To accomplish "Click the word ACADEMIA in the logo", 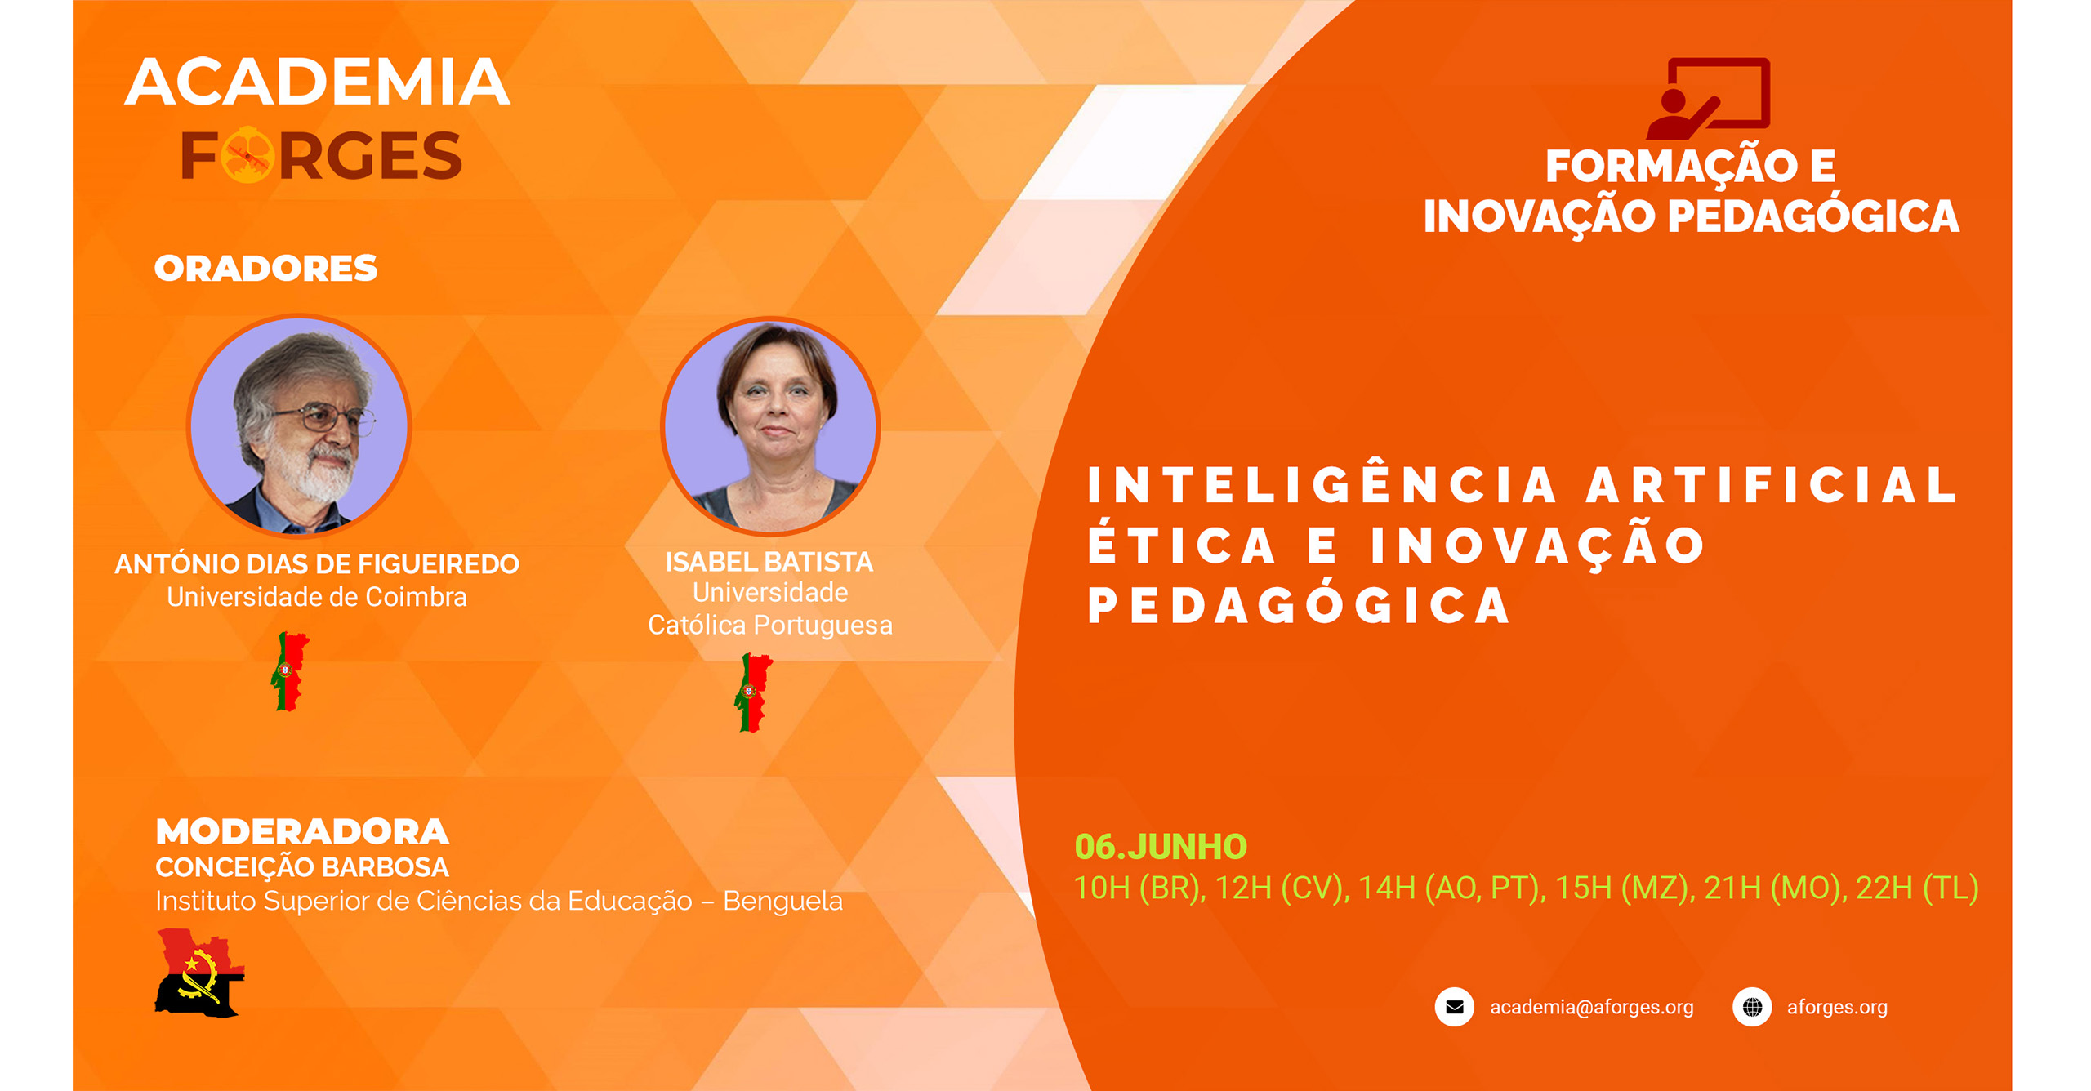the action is click(x=317, y=82).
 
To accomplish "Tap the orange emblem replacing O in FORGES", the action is click(x=247, y=154).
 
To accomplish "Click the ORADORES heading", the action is click(x=265, y=269).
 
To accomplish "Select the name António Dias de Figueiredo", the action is click(x=317, y=563).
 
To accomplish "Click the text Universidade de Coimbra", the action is click(x=317, y=597).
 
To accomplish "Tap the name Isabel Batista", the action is click(x=769, y=562).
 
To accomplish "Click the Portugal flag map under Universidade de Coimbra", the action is click(x=289, y=671).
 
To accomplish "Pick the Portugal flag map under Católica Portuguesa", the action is click(x=753, y=692).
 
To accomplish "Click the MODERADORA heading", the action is click(x=302, y=832).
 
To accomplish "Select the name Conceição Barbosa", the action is click(x=302, y=867).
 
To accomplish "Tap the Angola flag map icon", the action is click(x=200, y=973).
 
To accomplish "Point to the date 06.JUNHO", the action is click(x=1161, y=847).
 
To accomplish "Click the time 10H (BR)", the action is click(x=1139, y=888).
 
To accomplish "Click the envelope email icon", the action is click(x=1455, y=1007).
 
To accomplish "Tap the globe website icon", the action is click(x=1752, y=1007).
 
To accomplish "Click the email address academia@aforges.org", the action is click(x=1592, y=1007).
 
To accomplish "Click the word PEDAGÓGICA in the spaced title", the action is click(x=1299, y=605).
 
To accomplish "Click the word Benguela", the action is click(x=782, y=901).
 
